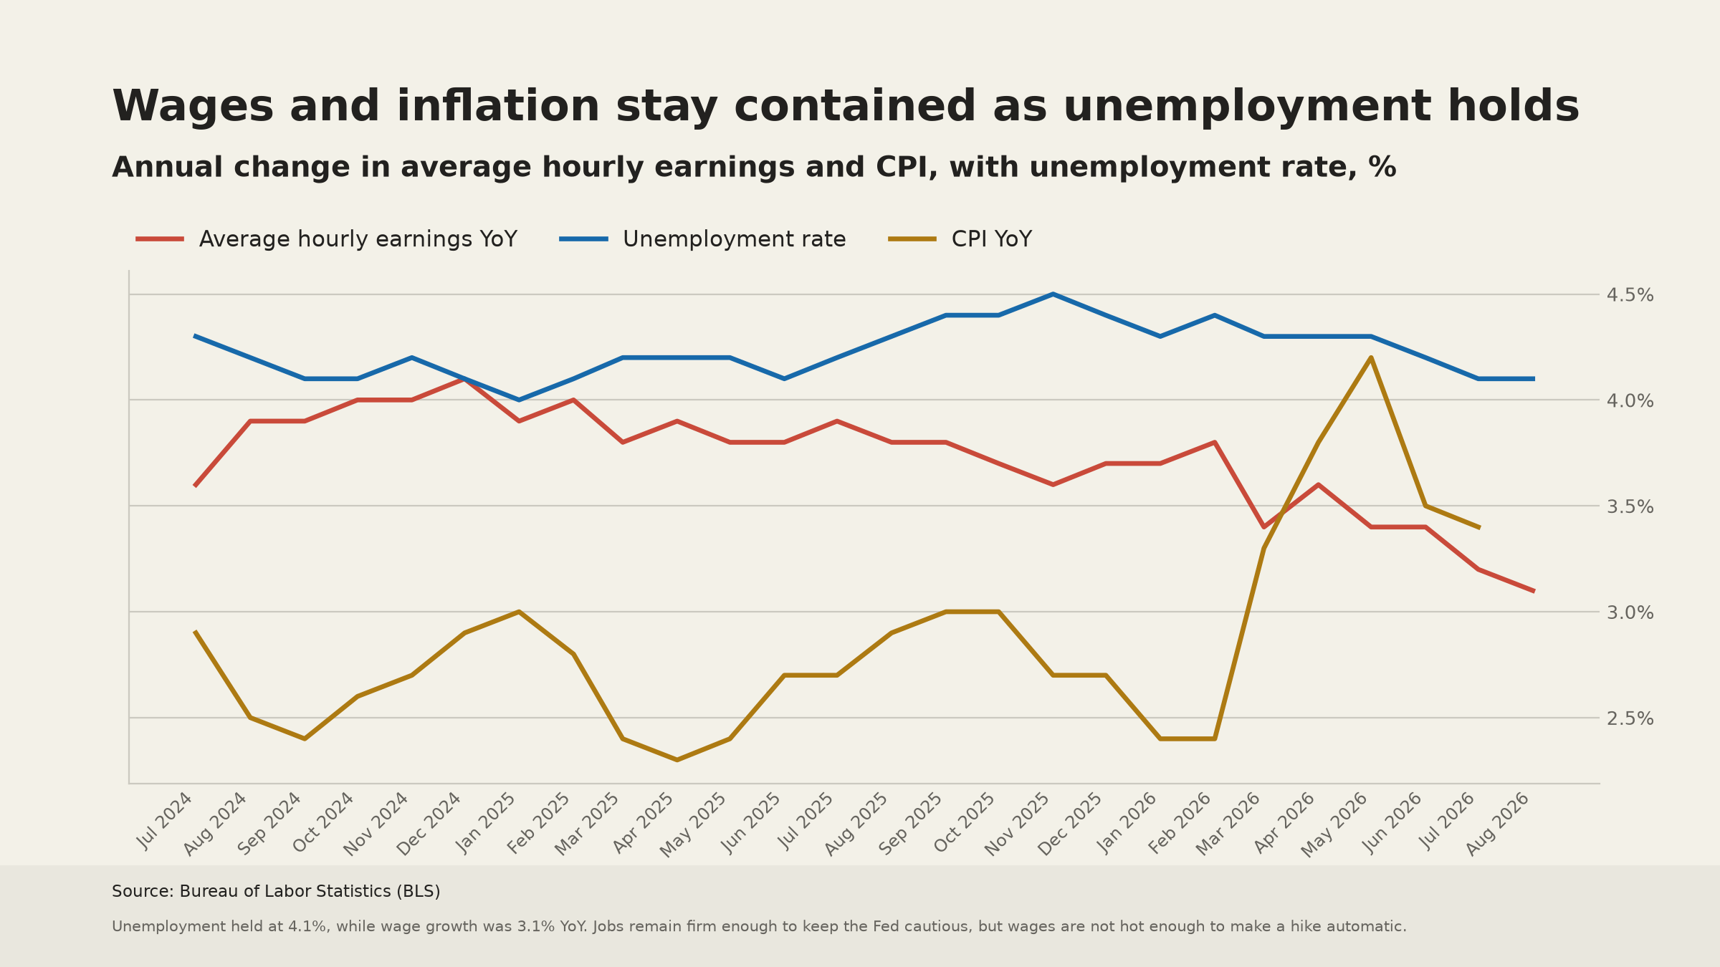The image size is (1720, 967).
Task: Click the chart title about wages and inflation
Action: tap(846, 107)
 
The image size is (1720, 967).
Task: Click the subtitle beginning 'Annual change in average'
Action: tap(754, 168)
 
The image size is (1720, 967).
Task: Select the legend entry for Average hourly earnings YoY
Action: tap(327, 239)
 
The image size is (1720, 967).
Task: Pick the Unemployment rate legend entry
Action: tap(702, 239)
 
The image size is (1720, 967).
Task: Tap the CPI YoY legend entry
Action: tap(960, 239)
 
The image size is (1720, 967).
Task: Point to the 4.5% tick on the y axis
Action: tap(1630, 295)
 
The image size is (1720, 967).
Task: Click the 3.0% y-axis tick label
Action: tap(1630, 612)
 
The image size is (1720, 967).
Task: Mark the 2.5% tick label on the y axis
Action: tap(1630, 718)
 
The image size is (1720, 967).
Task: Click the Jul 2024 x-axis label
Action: tap(166, 821)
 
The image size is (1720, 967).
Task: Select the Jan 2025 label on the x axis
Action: tap(487, 822)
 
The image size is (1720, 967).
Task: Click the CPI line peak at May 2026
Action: tap(1371, 357)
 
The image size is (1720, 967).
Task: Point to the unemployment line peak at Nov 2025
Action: tap(1052, 294)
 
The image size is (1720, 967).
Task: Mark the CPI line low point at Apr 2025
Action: tap(677, 760)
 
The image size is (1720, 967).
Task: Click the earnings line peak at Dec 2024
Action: tap(464, 378)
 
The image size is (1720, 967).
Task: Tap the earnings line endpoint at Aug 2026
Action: tap(1533, 591)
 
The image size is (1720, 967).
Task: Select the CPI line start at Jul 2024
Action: tap(196, 632)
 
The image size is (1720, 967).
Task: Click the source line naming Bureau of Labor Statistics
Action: tap(276, 892)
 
